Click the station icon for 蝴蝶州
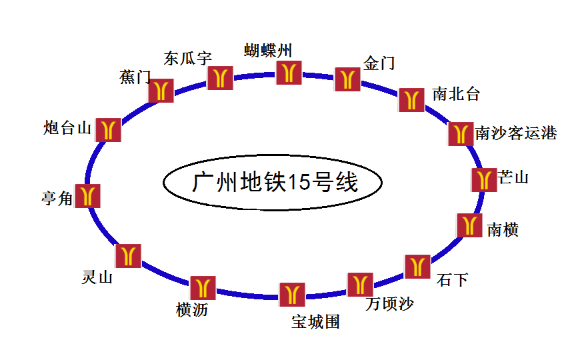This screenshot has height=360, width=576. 289,73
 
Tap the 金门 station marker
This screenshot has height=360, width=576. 347,79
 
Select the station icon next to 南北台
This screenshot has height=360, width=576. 411,99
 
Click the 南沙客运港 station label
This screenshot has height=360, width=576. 516,133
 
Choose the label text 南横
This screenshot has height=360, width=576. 503,230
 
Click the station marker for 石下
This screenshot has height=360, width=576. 418,267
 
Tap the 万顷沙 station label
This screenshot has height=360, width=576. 390,304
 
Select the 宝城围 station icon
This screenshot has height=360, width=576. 292,294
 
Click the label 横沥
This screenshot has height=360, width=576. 192,310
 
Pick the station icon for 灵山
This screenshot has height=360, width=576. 128,256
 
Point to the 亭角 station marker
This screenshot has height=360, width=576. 87,195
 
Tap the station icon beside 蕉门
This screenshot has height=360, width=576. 161,91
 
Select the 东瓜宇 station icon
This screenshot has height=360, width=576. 220,77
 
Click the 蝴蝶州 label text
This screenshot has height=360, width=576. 268,50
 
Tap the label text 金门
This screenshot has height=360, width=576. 379,63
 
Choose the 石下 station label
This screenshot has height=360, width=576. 453,279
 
